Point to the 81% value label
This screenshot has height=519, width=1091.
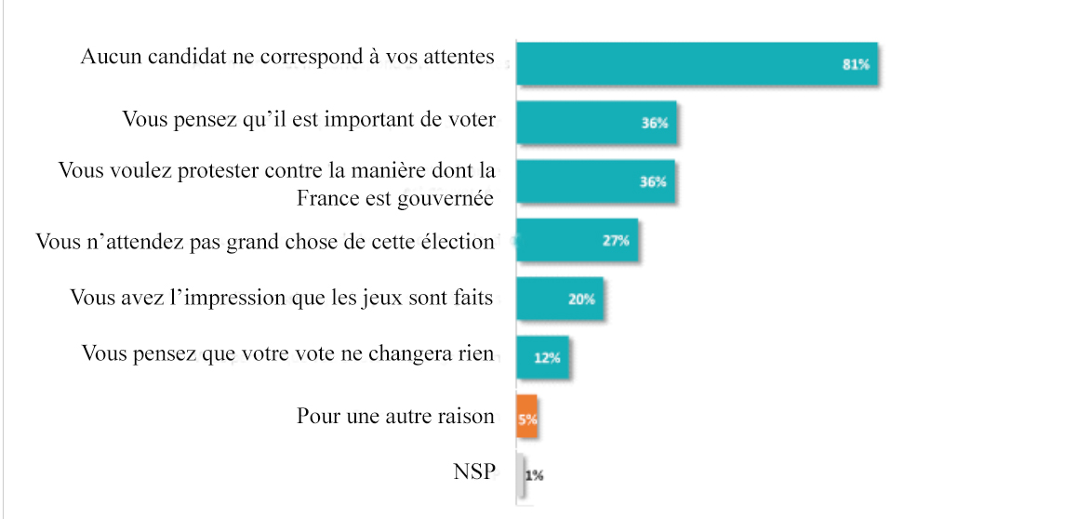855,64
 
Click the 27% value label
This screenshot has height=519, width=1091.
616,241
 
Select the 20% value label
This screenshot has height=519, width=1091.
581,299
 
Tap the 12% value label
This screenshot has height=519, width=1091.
547,358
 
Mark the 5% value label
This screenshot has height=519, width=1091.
527,419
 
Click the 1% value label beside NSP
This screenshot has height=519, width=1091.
535,475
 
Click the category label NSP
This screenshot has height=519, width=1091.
473,472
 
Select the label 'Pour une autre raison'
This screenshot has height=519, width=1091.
395,416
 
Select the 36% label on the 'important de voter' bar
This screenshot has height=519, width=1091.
654,124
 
